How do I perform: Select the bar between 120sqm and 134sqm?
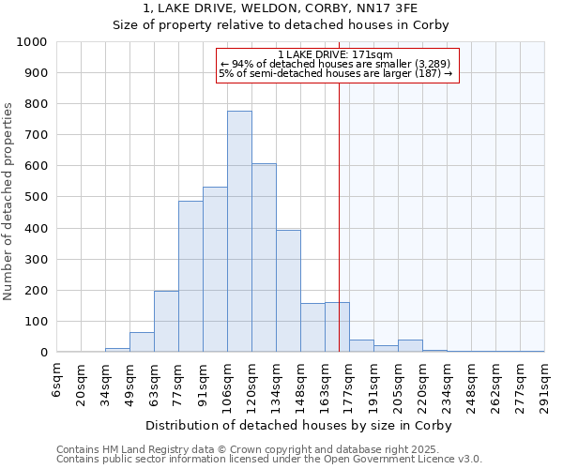pos(264,258)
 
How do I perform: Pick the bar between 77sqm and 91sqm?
pos(190,277)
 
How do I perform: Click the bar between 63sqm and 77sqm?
pos(166,322)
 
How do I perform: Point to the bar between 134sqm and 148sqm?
pos(288,291)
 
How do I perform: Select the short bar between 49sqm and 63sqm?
pos(142,342)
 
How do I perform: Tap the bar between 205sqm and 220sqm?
pos(410,346)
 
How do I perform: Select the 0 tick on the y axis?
pos(44,353)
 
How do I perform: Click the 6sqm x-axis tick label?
pos(57,379)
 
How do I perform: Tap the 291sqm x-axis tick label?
pos(544,386)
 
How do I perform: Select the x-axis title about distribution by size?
pos(299,425)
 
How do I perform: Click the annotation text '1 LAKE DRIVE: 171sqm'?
pos(336,55)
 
